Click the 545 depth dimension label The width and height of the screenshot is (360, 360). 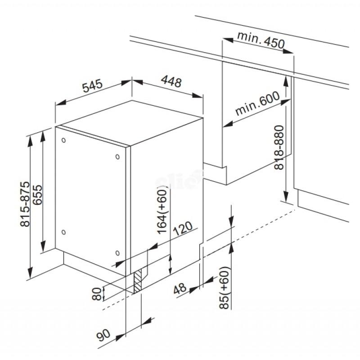tap(92, 85)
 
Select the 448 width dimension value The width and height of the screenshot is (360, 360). tap(171, 81)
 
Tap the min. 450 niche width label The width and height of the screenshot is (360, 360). tap(261, 40)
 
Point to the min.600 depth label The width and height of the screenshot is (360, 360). tap(257, 103)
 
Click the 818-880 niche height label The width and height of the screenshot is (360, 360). tap(279, 148)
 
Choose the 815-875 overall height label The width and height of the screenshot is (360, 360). tap(25, 204)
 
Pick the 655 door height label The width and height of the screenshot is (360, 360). tap(37, 195)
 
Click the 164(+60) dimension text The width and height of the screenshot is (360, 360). tap(162, 211)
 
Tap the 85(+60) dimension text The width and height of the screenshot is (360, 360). tap(224, 288)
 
